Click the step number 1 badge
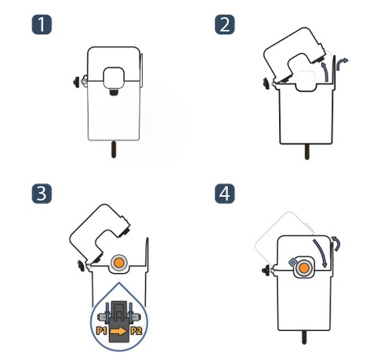tap(42, 24)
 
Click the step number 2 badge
tap(225, 24)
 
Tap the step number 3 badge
tap(42, 194)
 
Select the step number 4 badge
tap(225, 194)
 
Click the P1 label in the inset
tap(102, 331)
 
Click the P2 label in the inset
tap(136, 331)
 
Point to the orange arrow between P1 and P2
tap(119, 331)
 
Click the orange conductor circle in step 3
tap(119, 263)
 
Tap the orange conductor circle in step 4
tap(303, 268)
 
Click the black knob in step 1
tap(76, 82)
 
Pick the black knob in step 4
tap(266, 270)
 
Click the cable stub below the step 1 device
tap(114, 150)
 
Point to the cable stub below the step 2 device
tap(307, 152)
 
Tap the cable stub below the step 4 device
tap(304, 337)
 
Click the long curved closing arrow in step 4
tap(321, 251)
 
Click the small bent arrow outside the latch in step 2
tap(341, 64)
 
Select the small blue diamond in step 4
tap(292, 261)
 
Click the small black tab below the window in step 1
tap(114, 93)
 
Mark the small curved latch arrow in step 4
tap(336, 243)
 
